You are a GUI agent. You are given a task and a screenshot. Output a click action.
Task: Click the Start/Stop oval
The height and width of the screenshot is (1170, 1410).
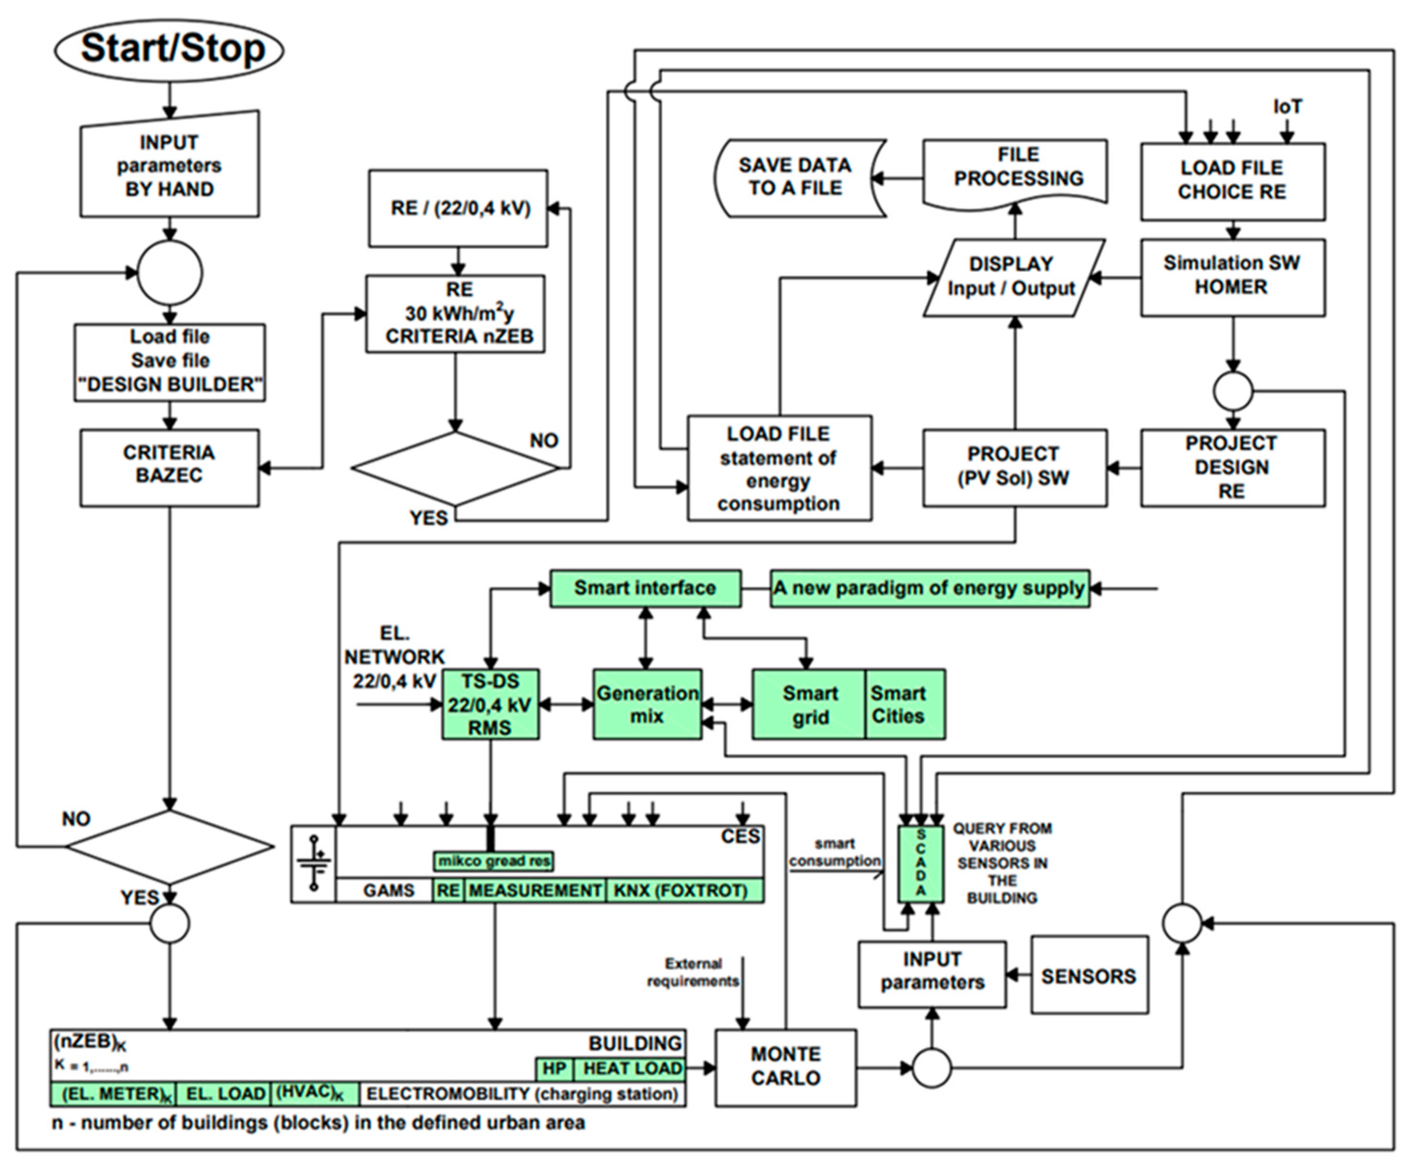pyautogui.click(x=169, y=50)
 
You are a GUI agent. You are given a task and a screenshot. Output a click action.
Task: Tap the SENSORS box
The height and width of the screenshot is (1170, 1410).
pyautogui.click(x=1089, y=975)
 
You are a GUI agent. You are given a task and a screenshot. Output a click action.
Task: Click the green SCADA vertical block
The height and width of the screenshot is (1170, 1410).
pyautogui.click(x=921, y=864)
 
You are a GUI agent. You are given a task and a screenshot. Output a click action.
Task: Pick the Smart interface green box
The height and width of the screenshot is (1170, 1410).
pyautogui.click(x=645, y=589)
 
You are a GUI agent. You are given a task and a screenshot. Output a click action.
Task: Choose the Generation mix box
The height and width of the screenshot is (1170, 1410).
pyautogui.click(x=647, y=704)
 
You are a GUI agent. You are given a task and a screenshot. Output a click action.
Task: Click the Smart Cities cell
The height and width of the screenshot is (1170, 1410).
pyautogui.click(x=905, y=704)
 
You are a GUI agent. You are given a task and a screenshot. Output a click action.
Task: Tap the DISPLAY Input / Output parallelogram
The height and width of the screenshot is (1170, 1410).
pyautogui.click(x=1014, y=278)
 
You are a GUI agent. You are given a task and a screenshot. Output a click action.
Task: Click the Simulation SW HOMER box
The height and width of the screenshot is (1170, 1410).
pyautogui.click(x=1233, y=278)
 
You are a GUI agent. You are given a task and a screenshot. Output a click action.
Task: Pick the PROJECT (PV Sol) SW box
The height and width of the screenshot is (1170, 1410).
pyautogui.click(x=1015, y=468)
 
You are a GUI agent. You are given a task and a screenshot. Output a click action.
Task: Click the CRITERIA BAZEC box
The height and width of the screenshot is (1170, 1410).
pyautogui.click(x=169, y=468)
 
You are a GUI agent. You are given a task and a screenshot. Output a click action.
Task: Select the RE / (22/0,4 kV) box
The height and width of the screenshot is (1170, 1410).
pyautogui.click(x=458, y=208)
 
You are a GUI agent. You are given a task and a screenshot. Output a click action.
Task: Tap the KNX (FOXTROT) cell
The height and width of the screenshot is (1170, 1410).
pyautogui.click(x=685, y=890)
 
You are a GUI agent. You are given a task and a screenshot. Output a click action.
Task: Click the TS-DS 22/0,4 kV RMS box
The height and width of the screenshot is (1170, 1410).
pyautogui.click(x=490, y=704)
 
